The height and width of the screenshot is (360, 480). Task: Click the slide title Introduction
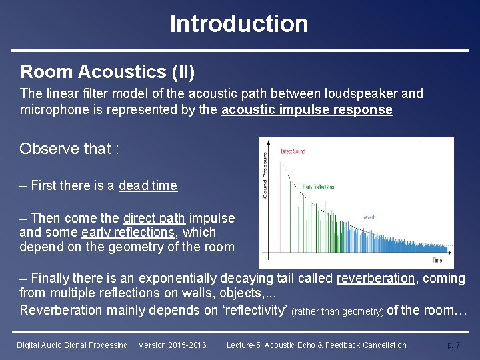(239, 24)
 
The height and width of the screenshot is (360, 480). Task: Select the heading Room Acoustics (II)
(107, 71)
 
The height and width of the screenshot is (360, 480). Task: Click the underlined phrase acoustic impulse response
(307, 110)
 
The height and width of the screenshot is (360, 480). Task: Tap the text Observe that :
(69, 149)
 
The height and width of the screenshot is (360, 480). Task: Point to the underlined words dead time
(148, 186)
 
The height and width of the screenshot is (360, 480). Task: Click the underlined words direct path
(154, 218)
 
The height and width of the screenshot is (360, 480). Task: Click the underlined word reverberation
(375, 278)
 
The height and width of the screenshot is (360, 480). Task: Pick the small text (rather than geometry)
(338, 311)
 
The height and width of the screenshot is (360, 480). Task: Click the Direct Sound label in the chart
(293, 151)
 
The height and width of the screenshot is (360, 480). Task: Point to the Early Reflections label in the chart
(319, 187)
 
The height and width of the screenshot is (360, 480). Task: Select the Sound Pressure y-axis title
(265, 175)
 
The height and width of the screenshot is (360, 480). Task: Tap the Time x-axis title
(437, 260)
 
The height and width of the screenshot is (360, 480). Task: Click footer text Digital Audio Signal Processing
(72, 345)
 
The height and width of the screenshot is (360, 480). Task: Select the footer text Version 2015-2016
(172, 345)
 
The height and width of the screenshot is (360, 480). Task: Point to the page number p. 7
(453, 345)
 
